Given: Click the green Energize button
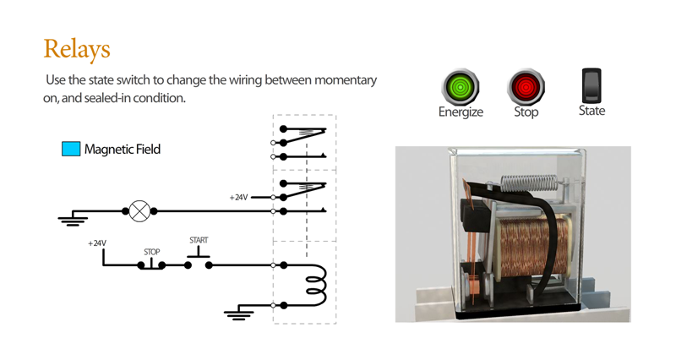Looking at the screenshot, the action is coord(461,87).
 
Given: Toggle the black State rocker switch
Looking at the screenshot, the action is coord(591,85).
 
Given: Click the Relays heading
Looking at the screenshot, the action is coord(77,50).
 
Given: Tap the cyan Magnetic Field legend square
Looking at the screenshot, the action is coord(71,149).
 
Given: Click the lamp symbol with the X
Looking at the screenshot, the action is coord(139,211).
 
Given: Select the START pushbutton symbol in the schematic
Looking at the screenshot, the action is coord(199,262).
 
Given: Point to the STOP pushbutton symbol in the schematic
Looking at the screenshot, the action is coord(151,265).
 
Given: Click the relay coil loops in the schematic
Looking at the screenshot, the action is coord(317,286).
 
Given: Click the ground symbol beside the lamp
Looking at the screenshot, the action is coord(73,218).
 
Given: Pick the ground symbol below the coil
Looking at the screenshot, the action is coord(239,313).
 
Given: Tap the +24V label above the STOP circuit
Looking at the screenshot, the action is coord(97,243).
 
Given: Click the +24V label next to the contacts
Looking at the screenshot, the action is coord(238,198).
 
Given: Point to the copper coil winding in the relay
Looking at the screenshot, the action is coord(532,248).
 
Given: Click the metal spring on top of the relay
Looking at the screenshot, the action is coord(532,183).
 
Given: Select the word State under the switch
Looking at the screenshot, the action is coord(591,111).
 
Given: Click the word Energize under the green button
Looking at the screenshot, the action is coord(461,112).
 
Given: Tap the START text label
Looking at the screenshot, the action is coord(199,240).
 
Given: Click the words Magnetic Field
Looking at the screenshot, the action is coord(123,150).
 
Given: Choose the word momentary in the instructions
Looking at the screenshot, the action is coord(346,80).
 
